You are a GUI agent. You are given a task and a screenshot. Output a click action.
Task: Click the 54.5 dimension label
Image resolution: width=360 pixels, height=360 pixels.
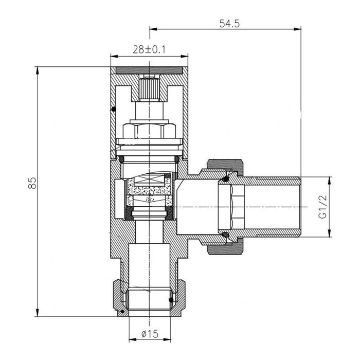coord(229,24)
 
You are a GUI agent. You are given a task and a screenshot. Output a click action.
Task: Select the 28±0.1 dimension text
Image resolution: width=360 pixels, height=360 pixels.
coord(149,50)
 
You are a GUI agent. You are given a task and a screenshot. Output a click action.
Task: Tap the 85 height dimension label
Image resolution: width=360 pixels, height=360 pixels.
coord(32,183)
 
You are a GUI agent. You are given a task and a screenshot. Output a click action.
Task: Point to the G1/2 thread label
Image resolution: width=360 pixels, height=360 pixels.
coord(323,207)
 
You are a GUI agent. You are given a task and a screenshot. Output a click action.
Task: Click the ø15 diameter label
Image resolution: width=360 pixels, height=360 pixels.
coord(150,334)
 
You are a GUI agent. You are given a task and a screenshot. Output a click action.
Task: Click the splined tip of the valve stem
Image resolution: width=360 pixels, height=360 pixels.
coord(149,88)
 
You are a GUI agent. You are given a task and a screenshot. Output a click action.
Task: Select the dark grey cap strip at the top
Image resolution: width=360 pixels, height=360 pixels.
coord(149,70)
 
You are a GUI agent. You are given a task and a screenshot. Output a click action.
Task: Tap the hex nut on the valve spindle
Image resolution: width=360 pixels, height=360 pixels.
coord(149,130)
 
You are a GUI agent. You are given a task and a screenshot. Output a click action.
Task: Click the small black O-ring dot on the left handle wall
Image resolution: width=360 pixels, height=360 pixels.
coord(114,109)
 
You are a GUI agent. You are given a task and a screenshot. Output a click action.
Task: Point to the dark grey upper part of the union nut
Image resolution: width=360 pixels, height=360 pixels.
coord(225,166)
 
